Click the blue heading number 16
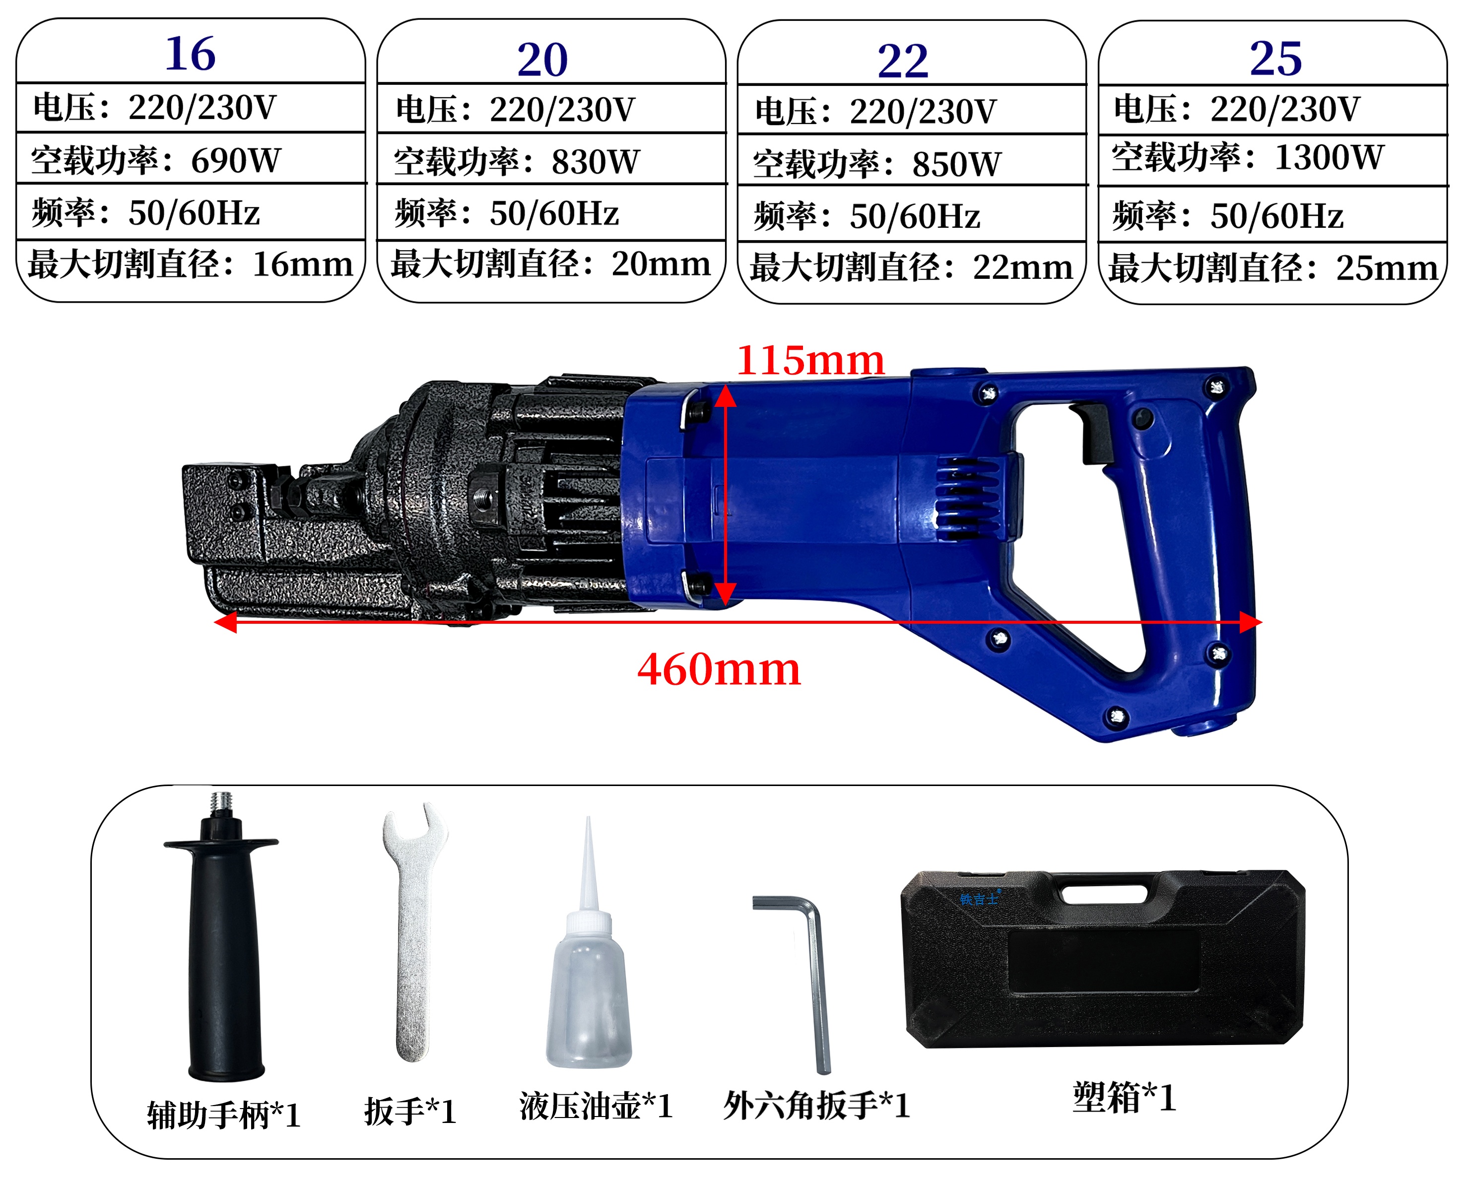click(191, 54)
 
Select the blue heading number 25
click(1275, 58)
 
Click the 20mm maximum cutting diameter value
click(661, 263)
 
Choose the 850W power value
click(956, 164)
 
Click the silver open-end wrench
click(413, 932)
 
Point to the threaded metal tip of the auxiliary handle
click(220, 803)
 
